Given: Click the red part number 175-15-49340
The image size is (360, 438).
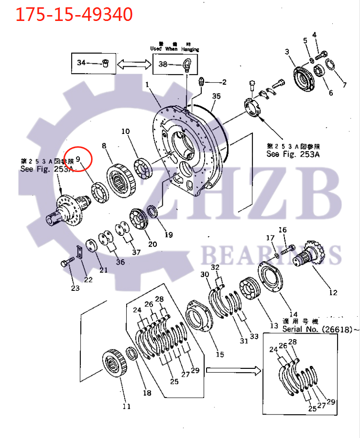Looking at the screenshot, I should pyautogui.click(x=74, y=15).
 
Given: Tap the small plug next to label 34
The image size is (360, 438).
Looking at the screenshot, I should pyautogui.click(x=107, y=63).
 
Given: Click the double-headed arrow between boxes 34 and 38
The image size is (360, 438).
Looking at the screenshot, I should pyautogui.click(x=133, y=63).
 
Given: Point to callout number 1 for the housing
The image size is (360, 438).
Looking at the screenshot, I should pyautogui.click(x=147, y=84).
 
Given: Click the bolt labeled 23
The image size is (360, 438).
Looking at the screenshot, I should pyautogui.click(x=66, y=264).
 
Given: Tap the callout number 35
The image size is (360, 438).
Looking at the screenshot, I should pyautogui.click(x=216, y=96).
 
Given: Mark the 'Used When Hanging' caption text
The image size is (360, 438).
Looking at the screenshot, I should pyautogui.click(x=174, y=49).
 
